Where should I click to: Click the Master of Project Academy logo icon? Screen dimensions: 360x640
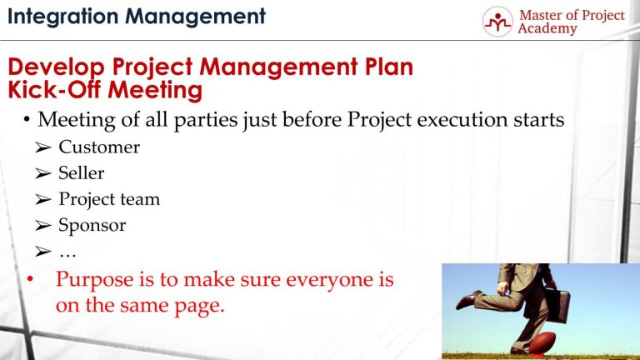[497, 22]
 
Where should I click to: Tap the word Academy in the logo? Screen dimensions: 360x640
[547, 30]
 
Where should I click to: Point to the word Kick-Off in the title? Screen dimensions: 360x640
[51, 88]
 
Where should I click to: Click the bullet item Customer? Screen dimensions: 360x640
[98, 147]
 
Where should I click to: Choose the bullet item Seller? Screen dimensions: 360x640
[81, 173]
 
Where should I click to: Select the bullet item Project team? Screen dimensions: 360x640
[108, 199]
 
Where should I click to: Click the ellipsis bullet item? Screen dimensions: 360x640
[68, 251]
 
